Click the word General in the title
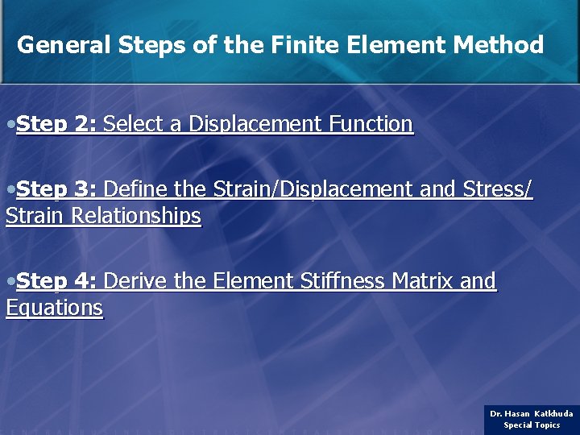tap(63, 45)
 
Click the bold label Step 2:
tap(56, 124)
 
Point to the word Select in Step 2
tap(133, 124)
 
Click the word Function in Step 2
tap(371, 124)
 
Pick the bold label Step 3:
tap(56, 189)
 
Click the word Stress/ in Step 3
tap(498, 189)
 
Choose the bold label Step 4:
tap(56, 281)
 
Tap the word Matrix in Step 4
tap(419, 281)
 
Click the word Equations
tap(54, 308)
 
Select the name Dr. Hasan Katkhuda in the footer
tap(532, 413)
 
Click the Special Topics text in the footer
tap(532, 425)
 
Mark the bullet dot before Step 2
tap(10, 125)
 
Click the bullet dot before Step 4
tap(10, 282)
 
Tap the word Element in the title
tap(396, 45)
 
